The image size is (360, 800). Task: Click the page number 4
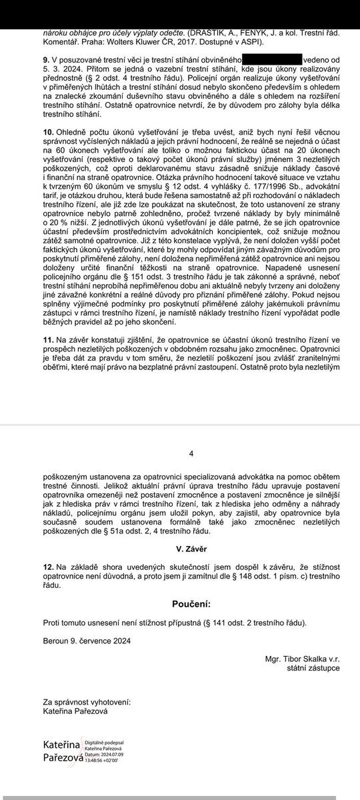(191, 453)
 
